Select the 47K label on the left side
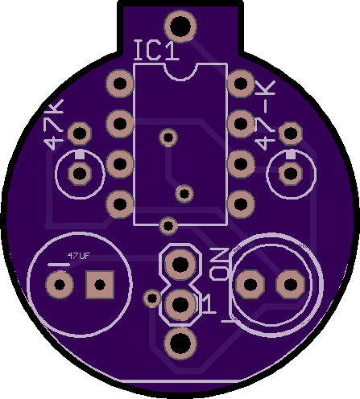(x=54, y=125)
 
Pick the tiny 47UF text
(x=78, y=256)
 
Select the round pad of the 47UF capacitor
(x=59, y=284)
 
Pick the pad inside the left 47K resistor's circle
(x=80, y=173)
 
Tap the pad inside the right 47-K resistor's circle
(x=288, y=173)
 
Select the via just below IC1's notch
(x=168, y=138)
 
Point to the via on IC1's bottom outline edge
(x=168, y=224)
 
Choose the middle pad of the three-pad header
(x=180, y=304)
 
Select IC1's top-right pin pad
(x=241, y=84)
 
